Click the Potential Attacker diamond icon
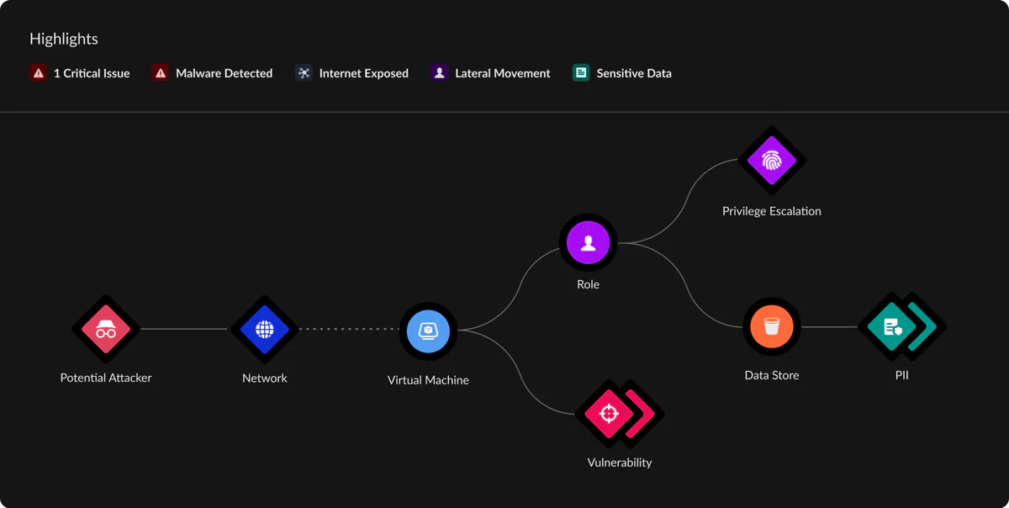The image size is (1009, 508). [x=106, y=329]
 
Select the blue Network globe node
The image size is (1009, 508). [x=264, y=329]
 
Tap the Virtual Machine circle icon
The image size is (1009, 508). [x=428, y=331]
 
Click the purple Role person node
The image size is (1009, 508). [x=588, y=242]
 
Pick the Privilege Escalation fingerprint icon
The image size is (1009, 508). [x=772, y=161]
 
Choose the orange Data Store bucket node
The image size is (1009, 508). [x=772, y=327]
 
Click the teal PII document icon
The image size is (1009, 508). [x=892, y=327]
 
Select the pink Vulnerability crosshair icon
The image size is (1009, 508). [x=609, y=413]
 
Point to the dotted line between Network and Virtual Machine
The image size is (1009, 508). [x=349, y=329]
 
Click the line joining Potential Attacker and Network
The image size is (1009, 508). [x=184, y=329]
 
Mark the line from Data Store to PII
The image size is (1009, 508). [x=829, y=327]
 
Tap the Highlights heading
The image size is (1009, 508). [x=64, y=40]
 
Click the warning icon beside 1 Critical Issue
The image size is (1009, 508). [x=39, y=72]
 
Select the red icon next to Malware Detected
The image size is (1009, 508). [x=161, y=72]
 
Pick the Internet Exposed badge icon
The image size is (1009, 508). [x=304, y=72]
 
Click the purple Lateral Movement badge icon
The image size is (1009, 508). [x=439, y=72]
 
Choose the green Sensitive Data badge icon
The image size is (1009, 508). [x=581, y=72]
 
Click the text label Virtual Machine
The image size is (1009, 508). [x=428, y=380]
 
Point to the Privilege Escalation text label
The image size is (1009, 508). [x=772, y=211]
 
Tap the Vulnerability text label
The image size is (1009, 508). [x=620, y=463]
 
